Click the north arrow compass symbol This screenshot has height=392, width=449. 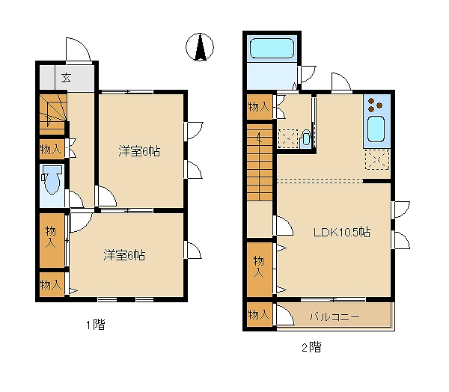pos(200,47)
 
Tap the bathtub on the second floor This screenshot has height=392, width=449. pos(272,48)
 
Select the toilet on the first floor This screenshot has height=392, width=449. pos(52,180)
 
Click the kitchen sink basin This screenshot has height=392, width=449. pos(376,129)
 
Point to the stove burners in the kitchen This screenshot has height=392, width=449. pos(375,105)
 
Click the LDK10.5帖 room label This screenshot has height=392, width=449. pos(342,232)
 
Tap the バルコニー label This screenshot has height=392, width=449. pos(335,316)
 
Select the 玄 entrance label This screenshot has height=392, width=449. pos(66,78)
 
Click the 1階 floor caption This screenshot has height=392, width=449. pos(96,325)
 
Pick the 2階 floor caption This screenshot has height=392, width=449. pos(311,347)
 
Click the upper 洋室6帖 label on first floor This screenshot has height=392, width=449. pos(139,151)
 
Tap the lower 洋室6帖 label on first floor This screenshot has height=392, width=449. pos(124,255)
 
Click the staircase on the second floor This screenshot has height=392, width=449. pos(260,162)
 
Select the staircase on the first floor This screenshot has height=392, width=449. pos(53,114)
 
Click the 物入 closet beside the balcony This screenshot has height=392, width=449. pos(260,314)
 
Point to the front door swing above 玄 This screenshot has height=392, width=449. pos(79,49)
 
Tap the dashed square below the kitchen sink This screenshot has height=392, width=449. pos(377,159)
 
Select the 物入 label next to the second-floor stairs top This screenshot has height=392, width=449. pos(259,107)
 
